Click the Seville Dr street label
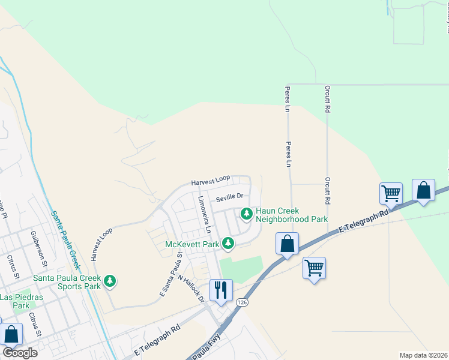pyautogui.click(x=231, y=196)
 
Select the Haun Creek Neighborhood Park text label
pyautogui.click(x=292, y=214)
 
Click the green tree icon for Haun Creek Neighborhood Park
pyautogui.click(x=246, y=213)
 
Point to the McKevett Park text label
pyautogui.click(x=192, y=244)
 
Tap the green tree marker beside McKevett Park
pyautogui.click(x=228, y=243)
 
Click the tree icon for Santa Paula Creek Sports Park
pyautogui.click(x=109, y=280)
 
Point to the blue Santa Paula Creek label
pyautogui.click(x=66, y=241)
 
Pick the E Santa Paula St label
pyautogui.click(x=171, y=274)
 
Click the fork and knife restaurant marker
pyautogui.click(x=221, y=291)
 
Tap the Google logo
pyautogui.click(x=19, y=353)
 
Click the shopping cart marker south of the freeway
pyautogui.click(x=315, y=268)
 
